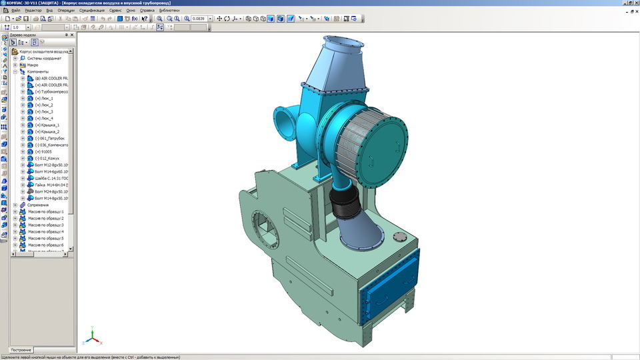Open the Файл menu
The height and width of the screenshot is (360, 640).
[x=15, y=11]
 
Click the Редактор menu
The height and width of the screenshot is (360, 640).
[x=33, y=11]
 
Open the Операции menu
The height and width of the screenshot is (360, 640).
[x=66, y=11]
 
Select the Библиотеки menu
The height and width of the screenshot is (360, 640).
[x=169, y=11]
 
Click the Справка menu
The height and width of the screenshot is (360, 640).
[x=147, y=11]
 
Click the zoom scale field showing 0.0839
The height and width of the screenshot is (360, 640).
[x=199, y=19]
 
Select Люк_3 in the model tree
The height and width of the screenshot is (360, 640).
[x=47, y=112]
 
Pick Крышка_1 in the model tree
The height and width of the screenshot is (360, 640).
[x=50, y=125]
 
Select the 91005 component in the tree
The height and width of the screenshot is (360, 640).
[x=47, y=152]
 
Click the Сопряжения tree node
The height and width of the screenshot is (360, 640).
[x=38, y=205]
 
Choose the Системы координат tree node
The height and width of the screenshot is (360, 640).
[x=44, y=59]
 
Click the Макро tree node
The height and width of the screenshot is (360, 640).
[x=33, y=65]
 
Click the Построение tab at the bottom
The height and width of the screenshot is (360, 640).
[x=21, y=350]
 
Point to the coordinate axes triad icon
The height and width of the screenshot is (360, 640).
[x=92, y=337]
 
